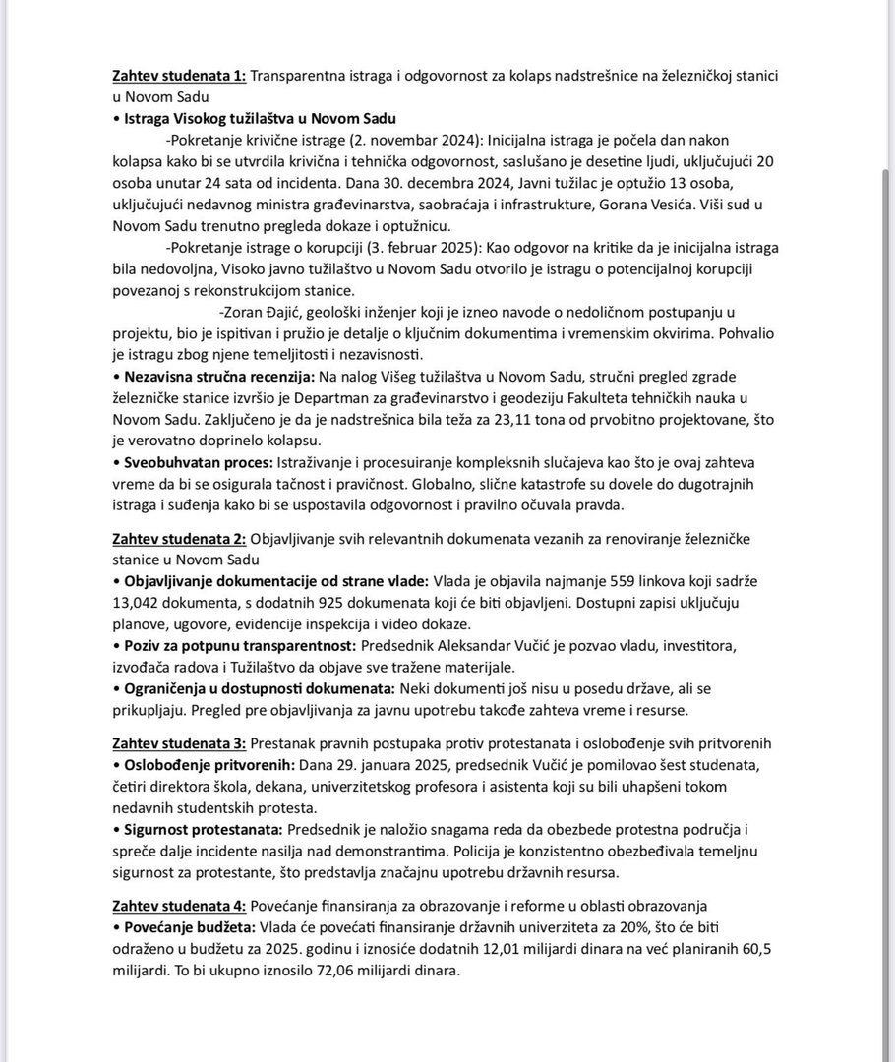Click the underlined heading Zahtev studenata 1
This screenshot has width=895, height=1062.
click(x=179, y=76)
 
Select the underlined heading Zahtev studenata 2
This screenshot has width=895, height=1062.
click(x=179, y=539)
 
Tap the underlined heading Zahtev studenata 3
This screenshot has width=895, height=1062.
click(x=179, y=742)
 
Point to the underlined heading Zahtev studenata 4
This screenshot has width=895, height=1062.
click(x=179, y=906)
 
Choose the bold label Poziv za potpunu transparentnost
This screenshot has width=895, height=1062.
click(x=239, y=646)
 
